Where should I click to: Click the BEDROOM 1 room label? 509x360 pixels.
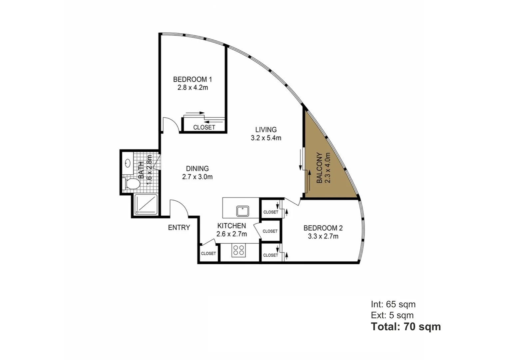click(x=192, y=79)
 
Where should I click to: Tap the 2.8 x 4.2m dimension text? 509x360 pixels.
click(x=193, y=88)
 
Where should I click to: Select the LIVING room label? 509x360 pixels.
click(x=266, y=130)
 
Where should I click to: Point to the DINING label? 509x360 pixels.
click(x=197, y=169)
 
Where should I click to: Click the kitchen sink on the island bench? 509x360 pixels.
click(x=243, y=211)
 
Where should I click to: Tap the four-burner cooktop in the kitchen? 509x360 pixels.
click(x=239, y=250)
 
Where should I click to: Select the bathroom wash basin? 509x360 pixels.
click(x=128, y=163)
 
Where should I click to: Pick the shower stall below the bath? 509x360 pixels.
click(x=146, y=204)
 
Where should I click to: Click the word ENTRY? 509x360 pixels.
click(x=179, y=228)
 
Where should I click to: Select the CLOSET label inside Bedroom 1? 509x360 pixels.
click(x=204, y=127)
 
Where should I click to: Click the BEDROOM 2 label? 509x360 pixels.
click(x=323, y=228)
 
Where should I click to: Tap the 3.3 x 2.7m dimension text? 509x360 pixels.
click(x=323, y=236)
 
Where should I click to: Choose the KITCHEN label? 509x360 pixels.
click(x=232, y=226)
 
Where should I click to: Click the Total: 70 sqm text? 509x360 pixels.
click(x=406, y=327)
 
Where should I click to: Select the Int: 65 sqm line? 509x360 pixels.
click(x=393, y=304)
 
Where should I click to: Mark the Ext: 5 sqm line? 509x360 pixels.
click(x=392, y=315)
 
